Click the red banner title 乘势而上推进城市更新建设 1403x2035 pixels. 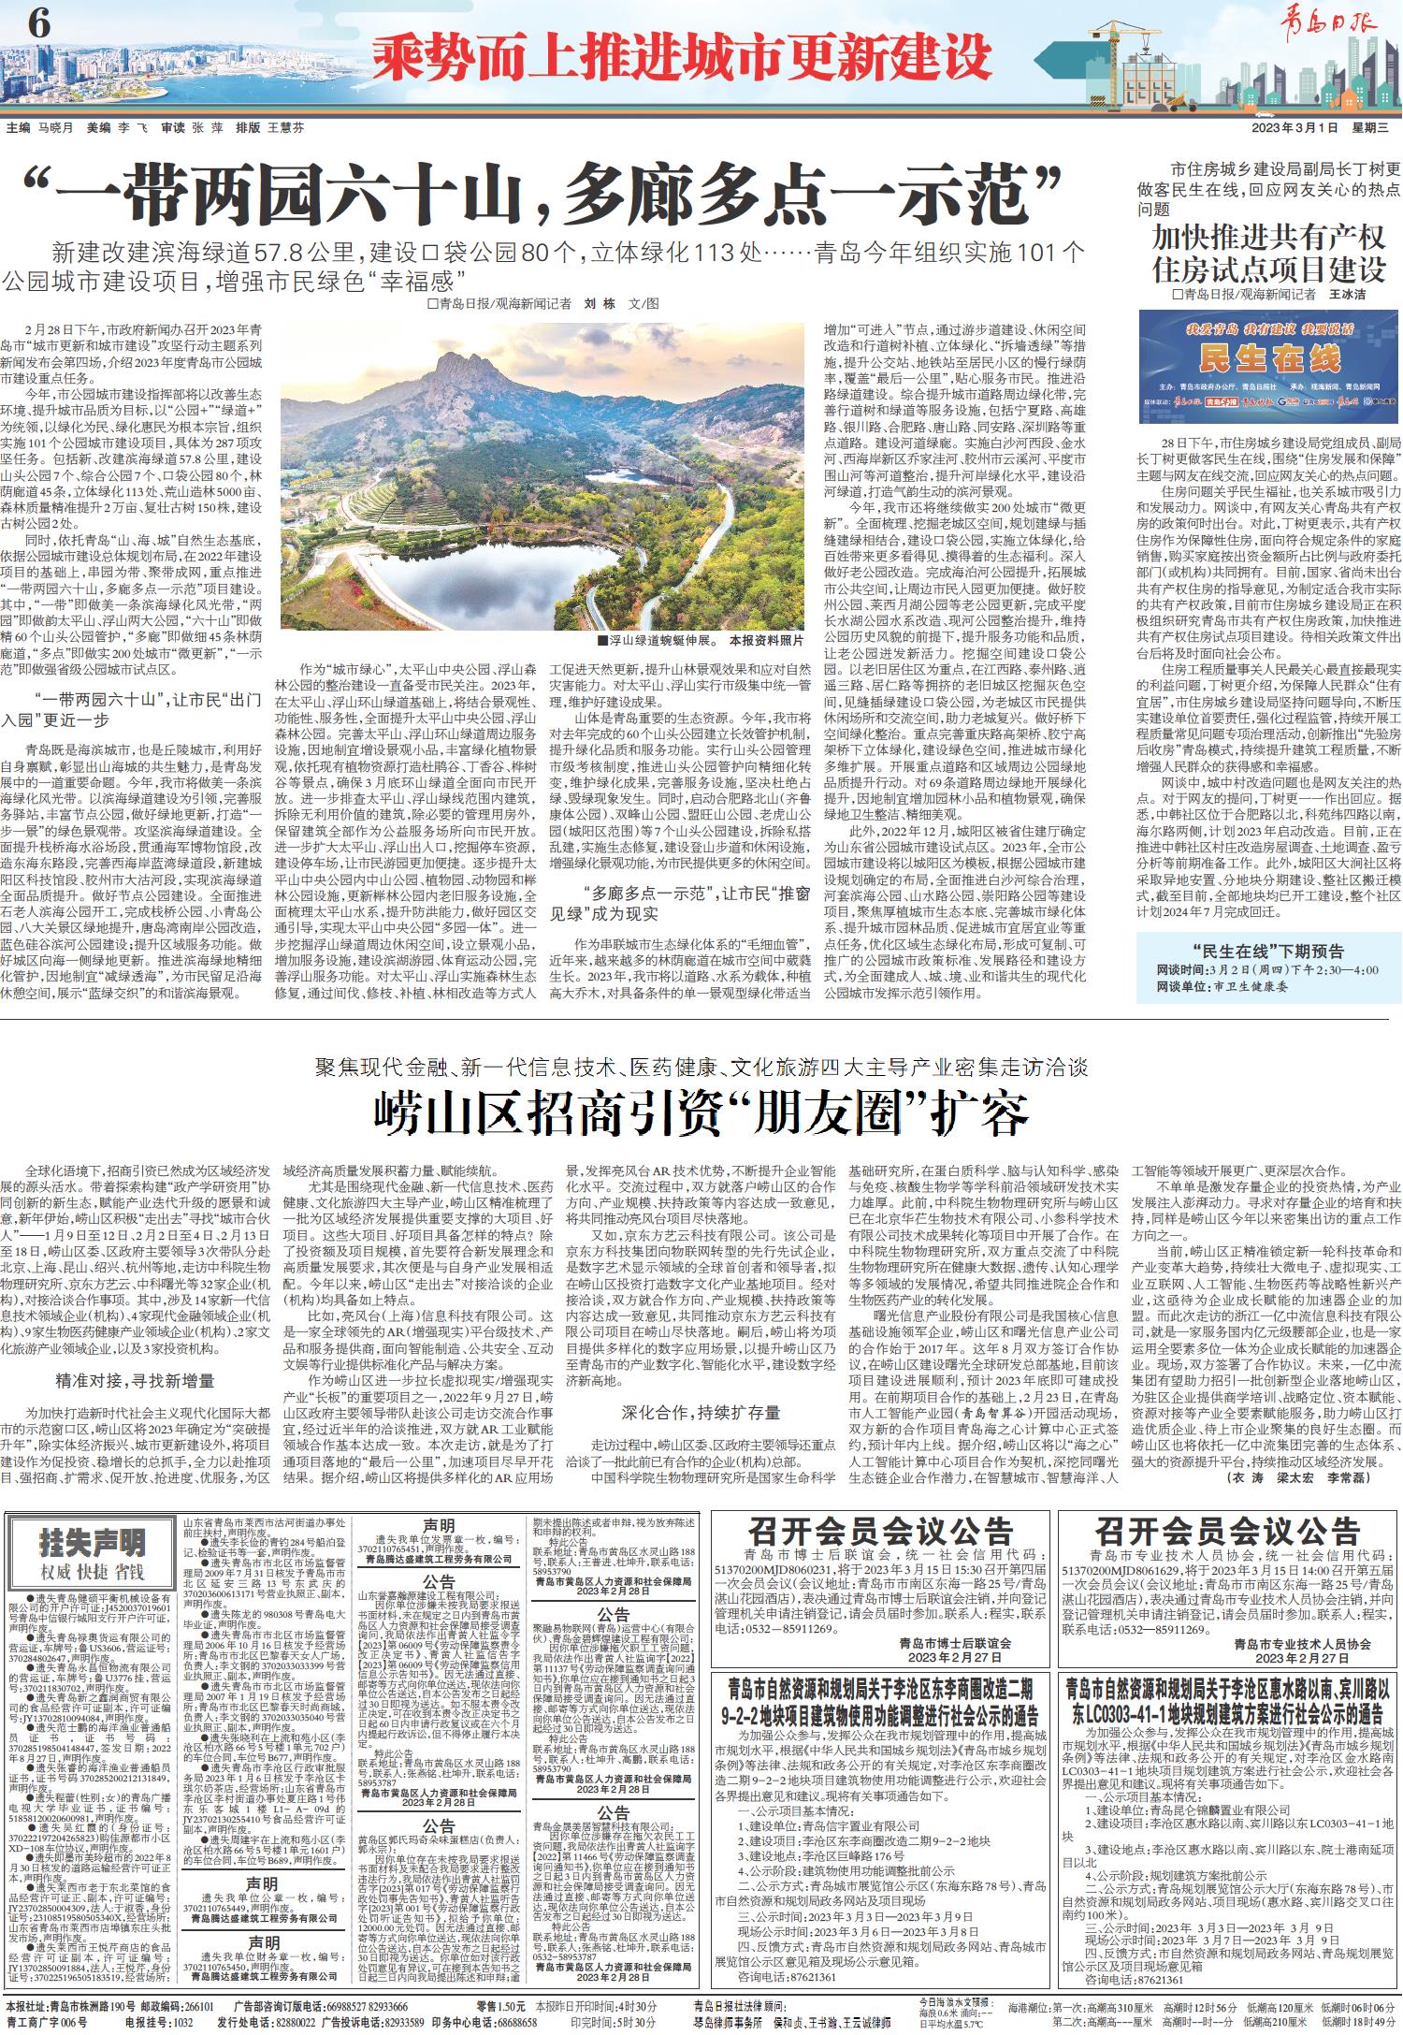(681, 57)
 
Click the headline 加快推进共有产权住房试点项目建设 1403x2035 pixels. (1268, 254)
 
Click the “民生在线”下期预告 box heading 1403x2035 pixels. (1268, 952)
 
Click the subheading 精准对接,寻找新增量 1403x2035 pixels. (135, 1380)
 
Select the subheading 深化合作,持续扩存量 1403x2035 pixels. (701, 1412)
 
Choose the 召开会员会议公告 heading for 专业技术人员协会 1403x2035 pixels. (1227, 1533)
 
